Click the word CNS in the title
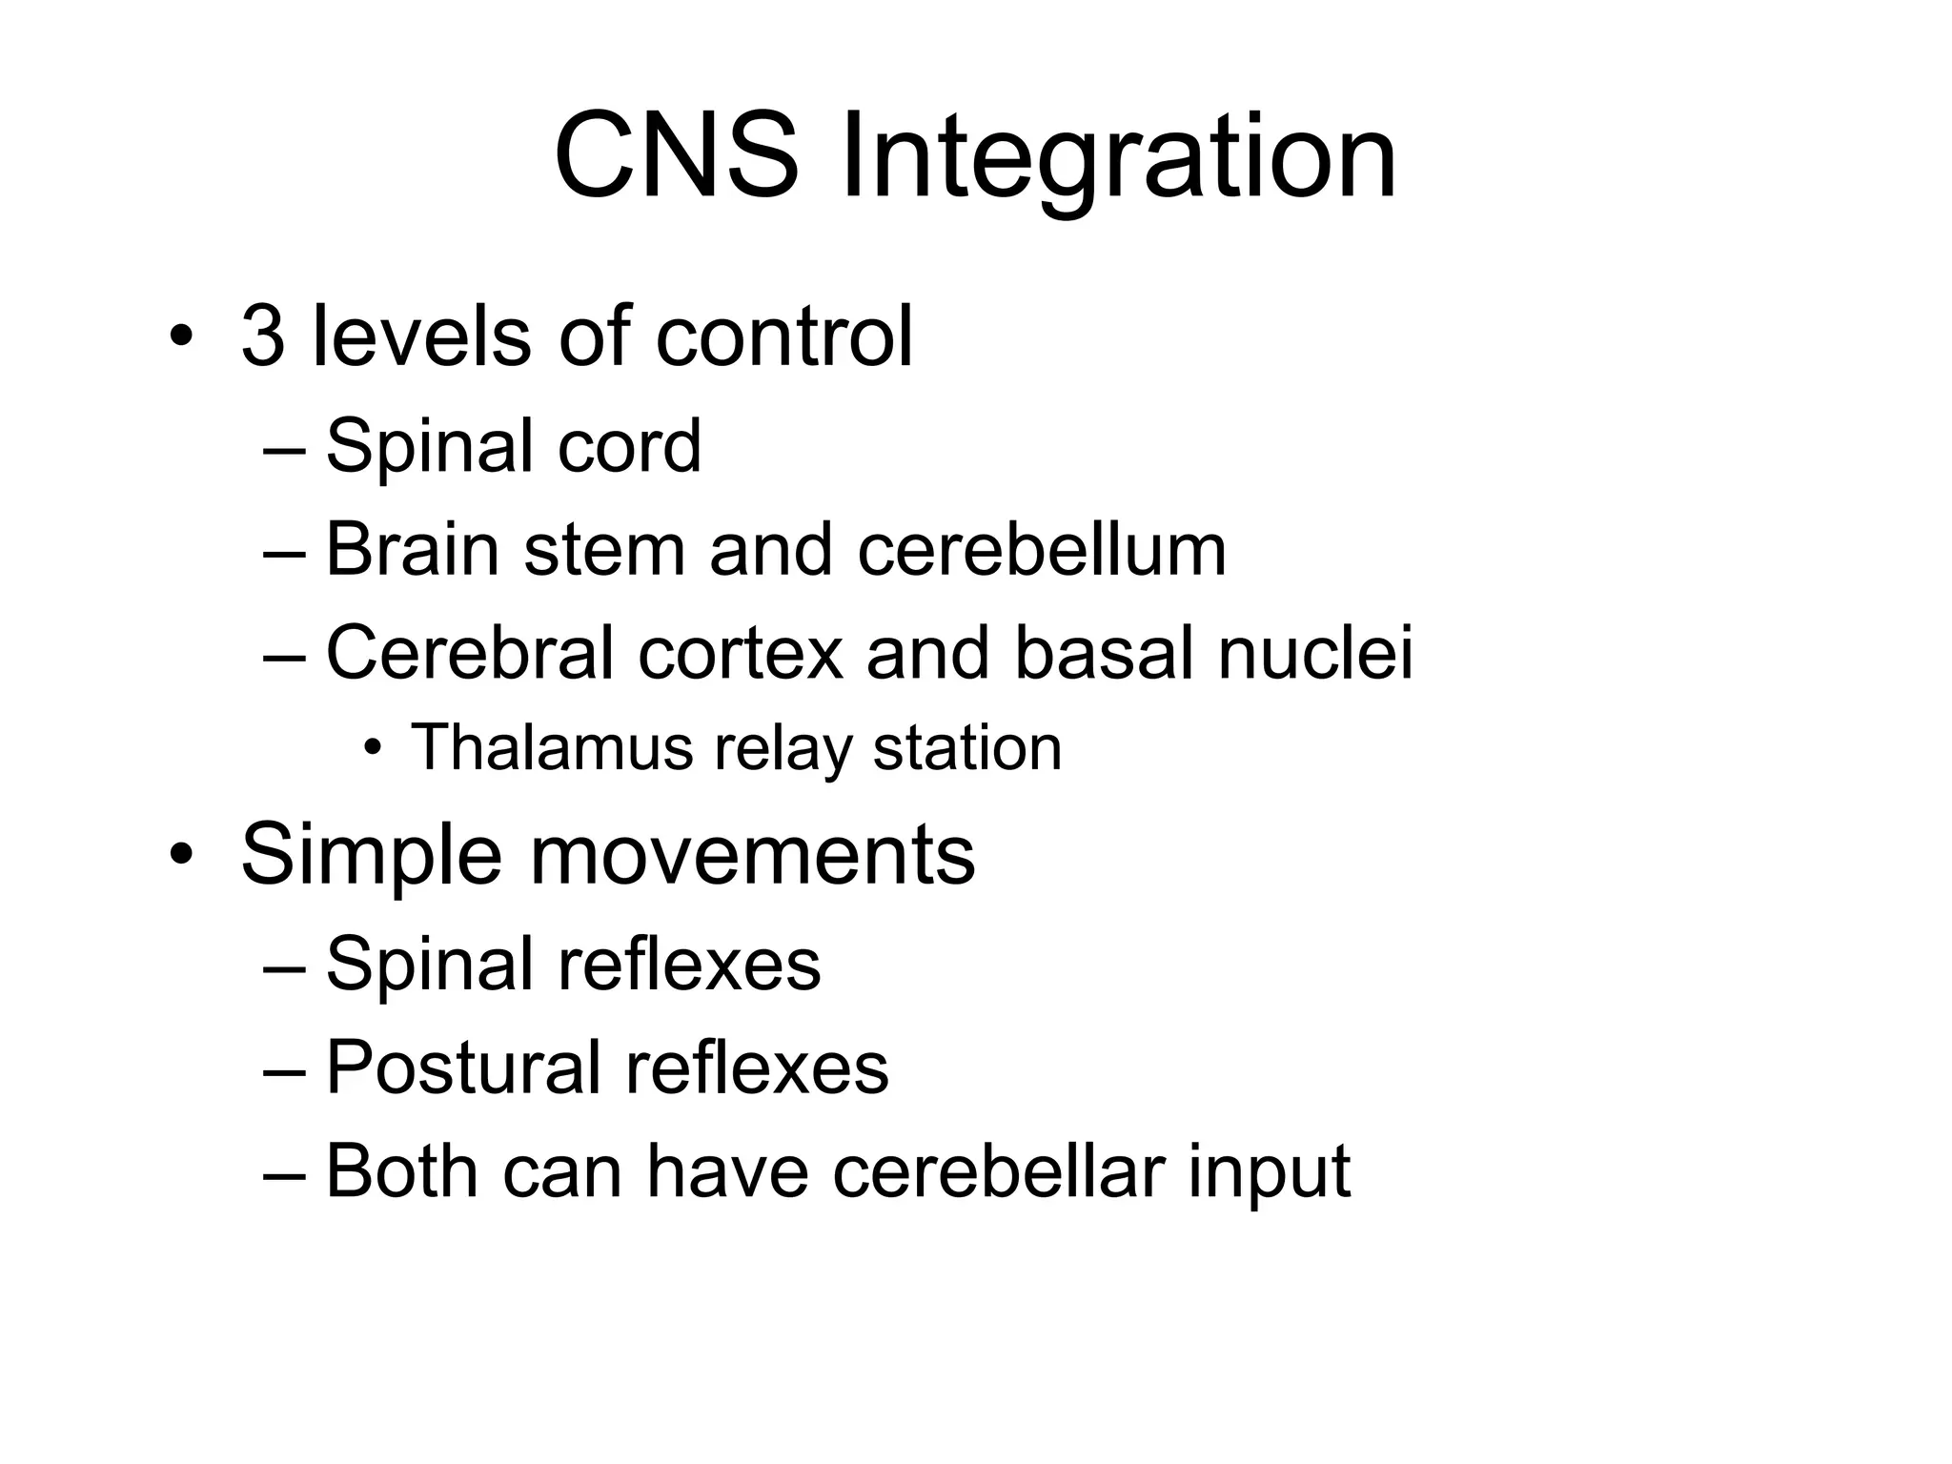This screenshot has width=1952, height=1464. tap(676, 155)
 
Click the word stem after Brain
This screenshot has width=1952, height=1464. tap(604, 550)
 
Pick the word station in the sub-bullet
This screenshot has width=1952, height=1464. tap(966, 747)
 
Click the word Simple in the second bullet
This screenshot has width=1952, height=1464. tap(371, 855)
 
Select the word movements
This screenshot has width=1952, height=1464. tap(752, 855)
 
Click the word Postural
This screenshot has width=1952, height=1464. tap(463, 1067)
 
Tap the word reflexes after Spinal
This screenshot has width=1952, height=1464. tap(688, 964)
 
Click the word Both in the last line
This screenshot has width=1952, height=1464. tap(401, 1170)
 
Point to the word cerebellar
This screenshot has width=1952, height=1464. tap(998, 1170)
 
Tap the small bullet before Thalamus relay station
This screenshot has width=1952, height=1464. tap(372, 749)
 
